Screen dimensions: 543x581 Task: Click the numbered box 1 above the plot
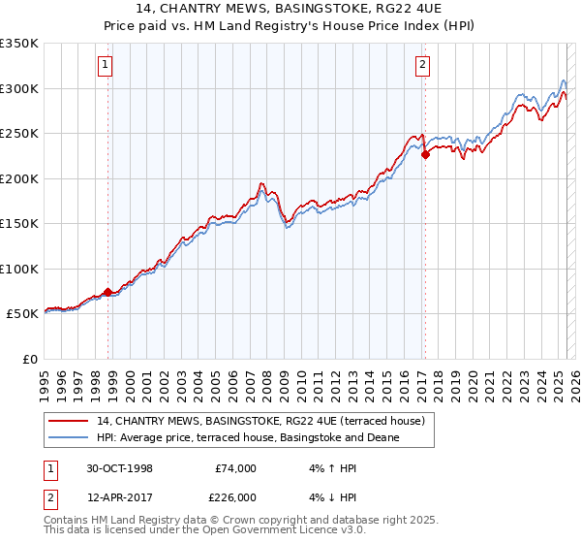click(x=105, y=66)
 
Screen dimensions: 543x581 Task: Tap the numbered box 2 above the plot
click(x=423, y=66)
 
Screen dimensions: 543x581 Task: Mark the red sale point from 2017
click(x=425, y=153)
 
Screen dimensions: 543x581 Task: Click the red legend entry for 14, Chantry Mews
click(x=252, y=421)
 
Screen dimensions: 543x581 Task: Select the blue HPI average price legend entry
click(x=248, y=437)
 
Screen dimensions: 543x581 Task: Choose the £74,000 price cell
click(x=235, y=469)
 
